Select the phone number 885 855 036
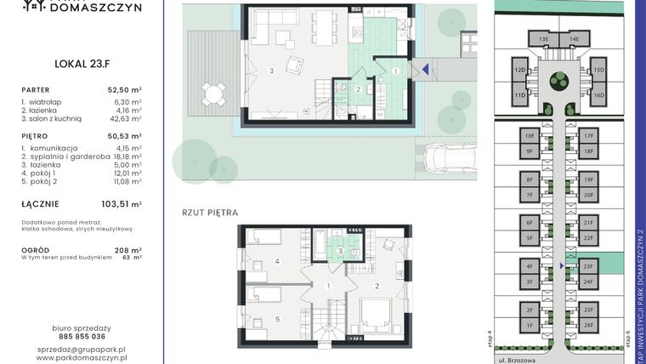[x=82, y=336]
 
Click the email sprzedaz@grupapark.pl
[x=82, y=349]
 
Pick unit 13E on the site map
[x=543, y=39]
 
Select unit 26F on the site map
[x=588, y=325]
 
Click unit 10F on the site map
[x=529, y=136]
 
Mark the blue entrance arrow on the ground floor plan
[x=424, y=70]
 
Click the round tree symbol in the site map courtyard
[x=558, y=81]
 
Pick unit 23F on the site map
[x=588, y=266]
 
